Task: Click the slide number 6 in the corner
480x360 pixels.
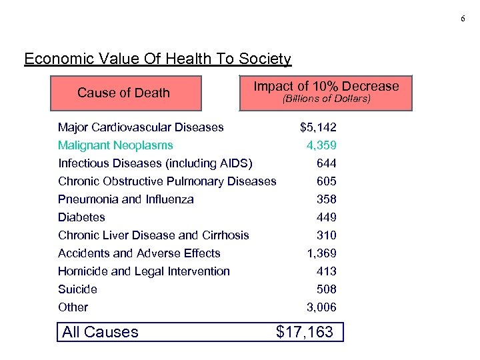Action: pos(463,19)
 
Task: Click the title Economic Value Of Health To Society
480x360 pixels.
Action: pos(157,59)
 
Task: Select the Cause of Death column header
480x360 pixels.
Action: pos(123,93)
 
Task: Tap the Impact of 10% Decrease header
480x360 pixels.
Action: pos(326,86)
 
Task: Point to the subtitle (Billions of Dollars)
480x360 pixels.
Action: pos(326,100)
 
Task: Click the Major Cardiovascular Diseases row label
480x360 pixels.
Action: pos(141,127)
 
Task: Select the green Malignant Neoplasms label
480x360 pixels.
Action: pos(115,145)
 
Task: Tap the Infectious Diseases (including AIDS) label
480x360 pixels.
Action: pos(155,163)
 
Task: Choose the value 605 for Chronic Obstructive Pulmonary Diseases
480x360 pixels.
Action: pos(327,181)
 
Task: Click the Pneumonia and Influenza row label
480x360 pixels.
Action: pos(126,199)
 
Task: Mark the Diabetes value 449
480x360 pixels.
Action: pos(327,217)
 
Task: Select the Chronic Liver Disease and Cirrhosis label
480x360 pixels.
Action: pos(153,235)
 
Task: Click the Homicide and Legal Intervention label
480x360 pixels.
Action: pos(144,271)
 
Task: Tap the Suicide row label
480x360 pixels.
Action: pos(77,289)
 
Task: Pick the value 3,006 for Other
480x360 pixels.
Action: pos(321,307)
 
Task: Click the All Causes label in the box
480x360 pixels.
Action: pos(100,332)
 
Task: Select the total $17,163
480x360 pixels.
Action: pos(304,332)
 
